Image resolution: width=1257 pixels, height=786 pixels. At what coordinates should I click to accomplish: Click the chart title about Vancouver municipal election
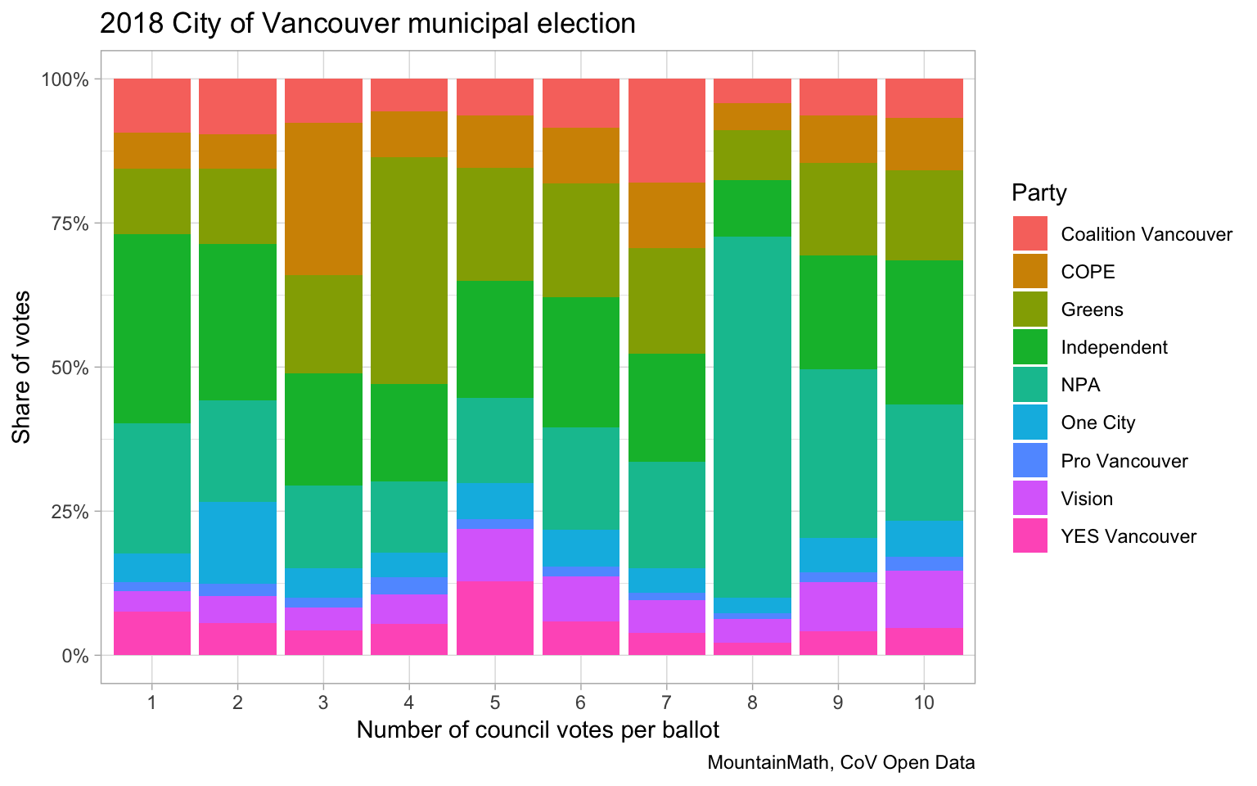(x=367, y=24)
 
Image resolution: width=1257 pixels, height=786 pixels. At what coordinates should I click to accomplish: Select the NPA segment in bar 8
(x=752, y=417)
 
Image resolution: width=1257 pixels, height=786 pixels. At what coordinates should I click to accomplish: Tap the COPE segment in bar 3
(x=323, y=198)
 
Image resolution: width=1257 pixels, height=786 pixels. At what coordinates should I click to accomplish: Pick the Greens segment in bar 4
(x=409, y=270)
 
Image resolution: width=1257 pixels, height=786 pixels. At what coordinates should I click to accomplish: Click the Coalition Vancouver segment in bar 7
(x=666, y=130)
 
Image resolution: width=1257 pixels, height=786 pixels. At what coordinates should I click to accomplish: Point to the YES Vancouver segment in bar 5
(x=495, y=618)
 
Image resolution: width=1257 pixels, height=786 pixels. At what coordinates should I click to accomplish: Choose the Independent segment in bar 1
(x=152, y=328)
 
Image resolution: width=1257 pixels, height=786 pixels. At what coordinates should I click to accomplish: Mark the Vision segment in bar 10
(x=924, y=599)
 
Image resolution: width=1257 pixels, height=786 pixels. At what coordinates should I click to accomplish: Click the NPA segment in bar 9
(x=838, y=454)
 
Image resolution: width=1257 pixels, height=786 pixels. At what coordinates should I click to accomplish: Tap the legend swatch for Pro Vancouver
(x=1029, y=461)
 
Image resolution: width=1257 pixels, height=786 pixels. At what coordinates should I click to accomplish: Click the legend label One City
(x=1097, y=423)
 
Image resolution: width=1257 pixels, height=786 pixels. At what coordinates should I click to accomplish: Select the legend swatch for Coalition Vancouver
(x=1029, y=234)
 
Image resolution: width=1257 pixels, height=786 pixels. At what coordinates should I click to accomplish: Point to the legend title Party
(x=1038, y=193)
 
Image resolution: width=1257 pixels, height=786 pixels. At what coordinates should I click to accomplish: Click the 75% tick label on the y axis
(x=65, y=224)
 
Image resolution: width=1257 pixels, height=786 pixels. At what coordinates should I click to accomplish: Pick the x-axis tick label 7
(x=666, y=702)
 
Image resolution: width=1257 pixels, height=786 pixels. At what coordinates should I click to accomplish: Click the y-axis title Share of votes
(x=22, y=367)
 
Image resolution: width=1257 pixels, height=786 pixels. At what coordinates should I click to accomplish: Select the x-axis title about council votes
(x=538, y=730)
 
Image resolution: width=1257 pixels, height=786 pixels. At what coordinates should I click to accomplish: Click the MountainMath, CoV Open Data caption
(x=841, y=763)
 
